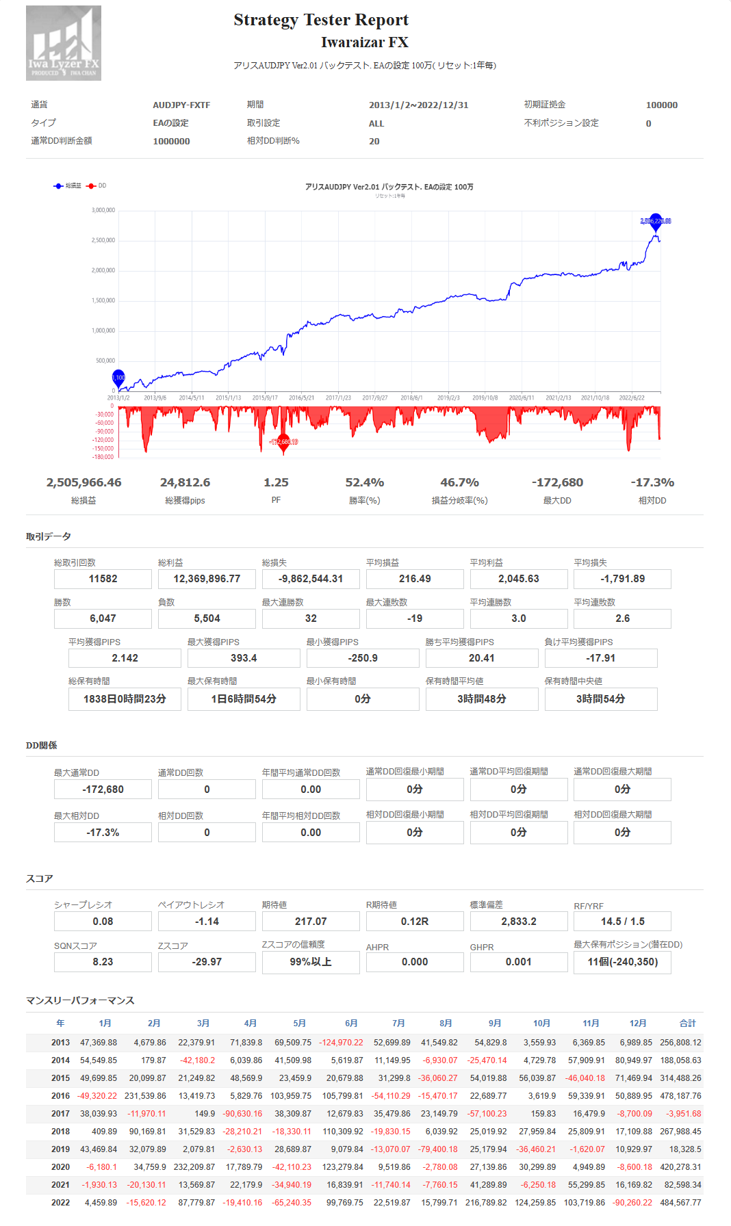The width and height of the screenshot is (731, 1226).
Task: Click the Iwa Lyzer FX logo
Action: pyautogui.click(x=64, y=43)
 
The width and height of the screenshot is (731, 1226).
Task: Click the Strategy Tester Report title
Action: pyautogui.click(x=320, y=20)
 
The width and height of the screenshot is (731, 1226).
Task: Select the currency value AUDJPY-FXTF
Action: pyautogui.click(x=181, y=105)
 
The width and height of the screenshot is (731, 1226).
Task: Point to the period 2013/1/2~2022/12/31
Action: pyautogui.click(x=418, y=105)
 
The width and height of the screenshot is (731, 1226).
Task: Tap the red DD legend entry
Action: pyautogui.click(x=97, y=186)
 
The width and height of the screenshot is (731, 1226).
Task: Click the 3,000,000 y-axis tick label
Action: pyautogui.click(x=103, y=211)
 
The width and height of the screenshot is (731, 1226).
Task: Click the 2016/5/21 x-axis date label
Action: pyautogui.click(x=301, y=397)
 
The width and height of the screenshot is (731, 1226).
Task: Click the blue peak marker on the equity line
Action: pyautogui.click(x=656, y=220)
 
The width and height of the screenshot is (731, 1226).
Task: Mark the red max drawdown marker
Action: pyautogui.click(x=283, y=442)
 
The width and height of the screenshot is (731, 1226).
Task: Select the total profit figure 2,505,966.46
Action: pyautogui.click(x=84, y=483)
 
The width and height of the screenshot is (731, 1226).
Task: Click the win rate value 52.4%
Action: pyautogui.click(x=364, y=483)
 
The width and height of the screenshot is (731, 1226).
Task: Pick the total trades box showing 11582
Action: pyautogui.click(x=103, y=579)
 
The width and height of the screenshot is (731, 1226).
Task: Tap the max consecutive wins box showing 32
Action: pyautogui.click(x=311, y=618)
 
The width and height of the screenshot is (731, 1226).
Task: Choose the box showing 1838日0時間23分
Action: pyautogui.click(x=125, y=699)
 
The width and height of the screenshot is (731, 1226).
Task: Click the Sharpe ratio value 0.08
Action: pyautogui.click(x=103, y=922)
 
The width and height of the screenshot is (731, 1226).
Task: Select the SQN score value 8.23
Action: pyautogui.click(x=103, y=962)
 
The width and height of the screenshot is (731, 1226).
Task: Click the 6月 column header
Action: pyautogui.click(x=351, y=1023)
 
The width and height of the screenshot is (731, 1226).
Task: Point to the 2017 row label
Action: pyautogui.click(x=60, y=1114)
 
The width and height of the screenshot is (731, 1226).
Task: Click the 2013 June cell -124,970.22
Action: pyautogui.click(x=341, y=1043)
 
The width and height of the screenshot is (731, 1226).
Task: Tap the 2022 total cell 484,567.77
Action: pyautogui.click(x=680, y=1203)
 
